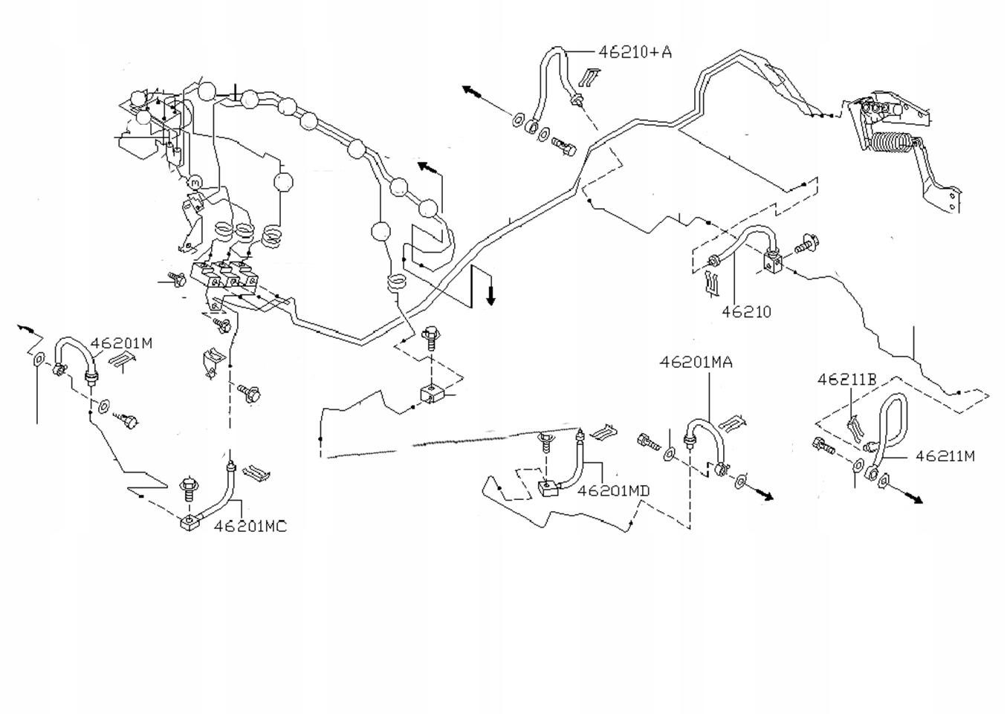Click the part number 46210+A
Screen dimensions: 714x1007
click(635, 51)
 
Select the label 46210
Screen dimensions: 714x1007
click(746, 312)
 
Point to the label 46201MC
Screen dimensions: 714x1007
click(250, 526)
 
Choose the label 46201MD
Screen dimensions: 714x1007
click(613, 490)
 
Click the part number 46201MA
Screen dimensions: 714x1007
click(696, 362)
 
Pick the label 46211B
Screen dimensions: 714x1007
click(846, 380)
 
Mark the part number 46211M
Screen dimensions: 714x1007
click(945, 456)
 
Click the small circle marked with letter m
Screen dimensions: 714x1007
click(195, 181)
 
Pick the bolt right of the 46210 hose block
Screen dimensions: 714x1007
click(806, 243)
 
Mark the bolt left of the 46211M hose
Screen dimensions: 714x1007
click(824, 447)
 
